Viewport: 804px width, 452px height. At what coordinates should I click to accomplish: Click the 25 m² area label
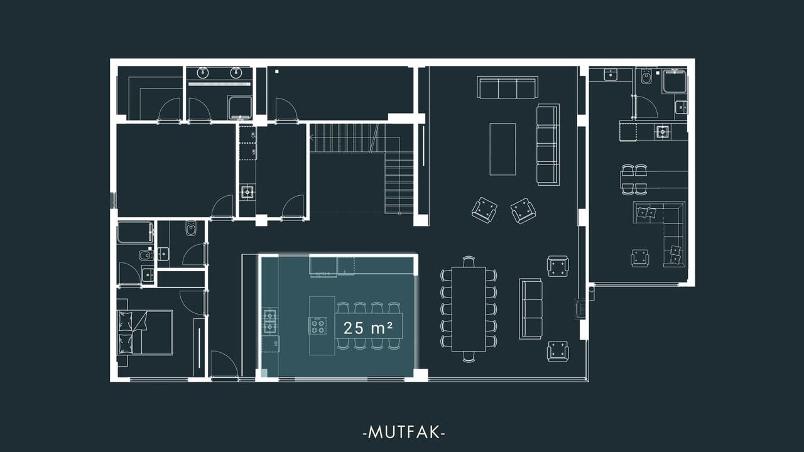tap(368, 328)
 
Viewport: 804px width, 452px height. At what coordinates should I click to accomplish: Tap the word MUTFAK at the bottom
tap(404, 433)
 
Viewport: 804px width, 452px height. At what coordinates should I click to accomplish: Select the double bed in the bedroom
tap(145, 333)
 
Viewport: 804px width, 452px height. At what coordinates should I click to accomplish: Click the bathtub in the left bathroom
tap(135, 233)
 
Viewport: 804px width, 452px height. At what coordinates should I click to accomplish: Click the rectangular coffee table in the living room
tap(503, 149)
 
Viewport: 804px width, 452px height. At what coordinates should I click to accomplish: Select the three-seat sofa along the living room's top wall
tap(508, 87)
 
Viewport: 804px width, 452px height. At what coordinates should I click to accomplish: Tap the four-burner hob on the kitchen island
tap(317, 325)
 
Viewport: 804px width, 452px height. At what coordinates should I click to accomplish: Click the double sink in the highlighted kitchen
tap(269, 321)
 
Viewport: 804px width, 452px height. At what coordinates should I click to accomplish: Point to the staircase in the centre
tap(362, 169)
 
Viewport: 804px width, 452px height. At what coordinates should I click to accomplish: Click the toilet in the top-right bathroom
tap(646, 77)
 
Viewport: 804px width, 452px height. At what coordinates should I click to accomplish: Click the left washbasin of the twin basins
tap(203, 72)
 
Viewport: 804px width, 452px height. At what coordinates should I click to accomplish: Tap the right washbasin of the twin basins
tap(236, 72)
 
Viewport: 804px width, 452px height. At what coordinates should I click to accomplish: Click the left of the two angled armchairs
tap(484, 210)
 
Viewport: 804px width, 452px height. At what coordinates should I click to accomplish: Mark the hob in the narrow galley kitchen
tap(247, 192)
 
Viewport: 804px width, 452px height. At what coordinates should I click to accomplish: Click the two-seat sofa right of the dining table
tap(531, 308)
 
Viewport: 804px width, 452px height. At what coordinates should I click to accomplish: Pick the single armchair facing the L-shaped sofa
tap(639, 258)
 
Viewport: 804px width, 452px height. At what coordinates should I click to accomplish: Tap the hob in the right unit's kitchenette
tap(662, 132)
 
